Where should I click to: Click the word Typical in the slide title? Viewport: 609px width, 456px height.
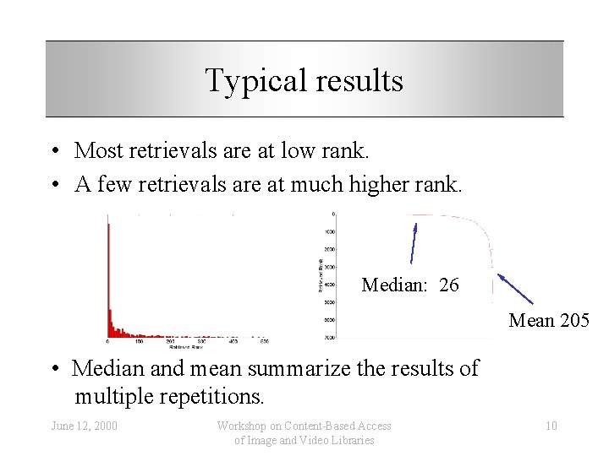click(247, 81)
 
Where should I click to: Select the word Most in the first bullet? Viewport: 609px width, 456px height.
click(97, 151)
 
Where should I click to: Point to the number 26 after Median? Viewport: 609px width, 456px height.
click(449, 285)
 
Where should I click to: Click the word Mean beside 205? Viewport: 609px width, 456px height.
click(531, 320)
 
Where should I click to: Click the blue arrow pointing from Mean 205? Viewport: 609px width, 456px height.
click(515, 288)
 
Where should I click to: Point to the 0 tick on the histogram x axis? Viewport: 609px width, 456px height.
click(107, 342)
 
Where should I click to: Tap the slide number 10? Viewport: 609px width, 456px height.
click(551, 426)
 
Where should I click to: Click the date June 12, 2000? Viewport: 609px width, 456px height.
click(84, 426)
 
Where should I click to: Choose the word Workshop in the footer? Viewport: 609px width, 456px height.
click(244, 426)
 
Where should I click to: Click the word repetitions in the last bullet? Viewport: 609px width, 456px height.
click(214, 395)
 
